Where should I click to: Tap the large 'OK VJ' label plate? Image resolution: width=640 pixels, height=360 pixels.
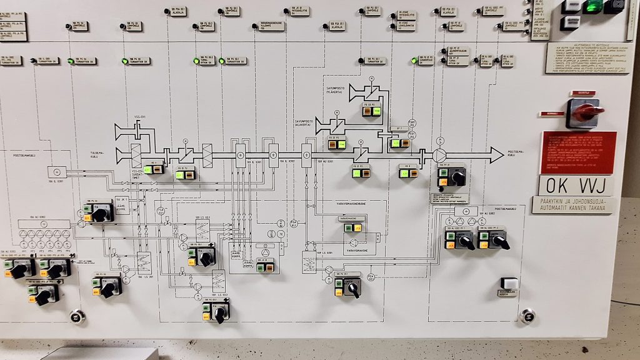(x=576, y=185)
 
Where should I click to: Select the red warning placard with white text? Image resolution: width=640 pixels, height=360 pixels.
(x=579, y=152)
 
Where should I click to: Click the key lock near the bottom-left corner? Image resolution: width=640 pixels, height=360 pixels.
(x=77, y=317)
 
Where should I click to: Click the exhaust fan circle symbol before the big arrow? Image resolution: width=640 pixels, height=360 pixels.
(x=440, y=154)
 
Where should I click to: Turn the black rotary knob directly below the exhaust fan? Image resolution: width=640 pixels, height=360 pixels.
(x=458, y=177)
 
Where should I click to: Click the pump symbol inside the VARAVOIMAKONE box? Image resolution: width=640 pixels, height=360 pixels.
(x=354, y=242)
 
